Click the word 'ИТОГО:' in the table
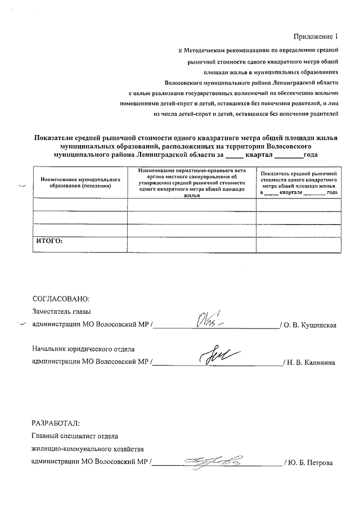click(x=48, y=241)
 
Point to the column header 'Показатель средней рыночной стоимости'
click(x=299, y=183)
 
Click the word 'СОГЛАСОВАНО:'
click(x=61, y=299)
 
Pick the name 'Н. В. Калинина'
click(x=312, y=363)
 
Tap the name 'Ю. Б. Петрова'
click(x=311, y=463)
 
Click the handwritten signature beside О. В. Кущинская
click(x=210, y=321)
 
